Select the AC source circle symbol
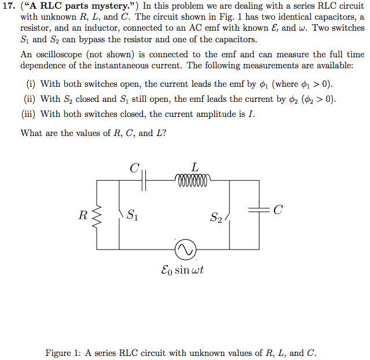pos(186,249)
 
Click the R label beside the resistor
pos(83,216)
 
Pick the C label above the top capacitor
pos(134,168)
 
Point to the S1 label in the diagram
pos(132,216)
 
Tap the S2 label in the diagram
pos(215,218)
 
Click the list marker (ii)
pos(30,99)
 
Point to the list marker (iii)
pos(28,113)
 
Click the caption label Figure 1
pos(65,352)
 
